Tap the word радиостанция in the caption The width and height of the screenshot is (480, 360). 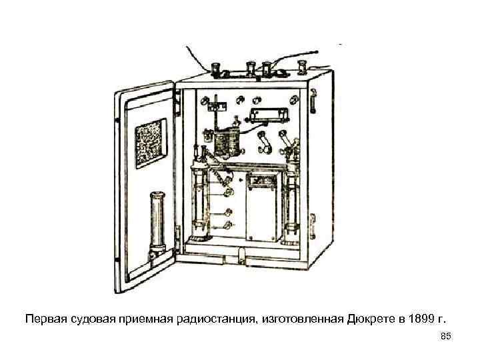[213, 318]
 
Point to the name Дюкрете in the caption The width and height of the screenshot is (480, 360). [369, 318]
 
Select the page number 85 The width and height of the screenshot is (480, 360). [446, 338]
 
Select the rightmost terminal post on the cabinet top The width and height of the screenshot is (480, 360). [302, 67]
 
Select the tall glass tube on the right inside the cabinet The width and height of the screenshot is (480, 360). [291, 200]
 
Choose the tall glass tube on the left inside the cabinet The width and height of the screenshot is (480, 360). [199, 200]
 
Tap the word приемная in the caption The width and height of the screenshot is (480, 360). [151, 318]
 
